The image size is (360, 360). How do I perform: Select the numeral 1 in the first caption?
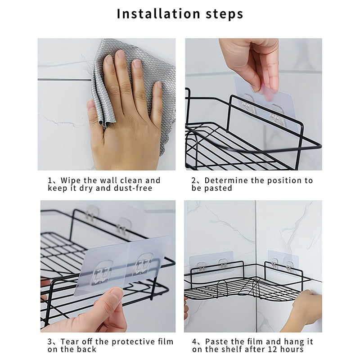click(50, 180)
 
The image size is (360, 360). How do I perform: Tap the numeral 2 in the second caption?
click(193, 180)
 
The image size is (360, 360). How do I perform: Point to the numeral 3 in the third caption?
click(50, 342)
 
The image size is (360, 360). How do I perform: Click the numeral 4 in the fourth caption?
click(194, 342)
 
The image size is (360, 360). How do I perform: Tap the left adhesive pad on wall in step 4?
click(211, 263)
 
